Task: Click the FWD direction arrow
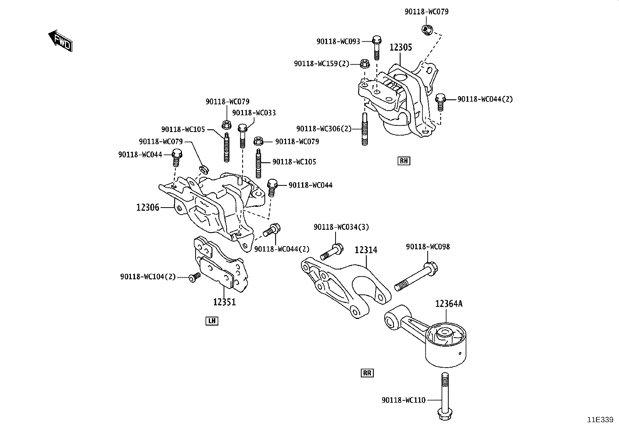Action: [x=60, y=41]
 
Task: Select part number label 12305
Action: [x=400, y=48]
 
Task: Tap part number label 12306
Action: [x=148, y=208]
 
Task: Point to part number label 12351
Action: [x=224, y=302]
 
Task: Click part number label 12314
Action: [x=366, y=250]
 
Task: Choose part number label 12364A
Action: [x=449, y=304]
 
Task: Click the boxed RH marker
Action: [x=404, y=161]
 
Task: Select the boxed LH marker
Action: [x=212, y=321]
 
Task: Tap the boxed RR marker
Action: [x=367, y=373]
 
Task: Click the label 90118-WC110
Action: [x=404, y=400]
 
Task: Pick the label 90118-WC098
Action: [x=428, y=247]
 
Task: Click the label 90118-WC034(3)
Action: [x=341, y=227]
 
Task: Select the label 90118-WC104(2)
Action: [x=148, y=277]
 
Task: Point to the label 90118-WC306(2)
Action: [x=323, y=129]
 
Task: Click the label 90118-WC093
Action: [x=338, y=41]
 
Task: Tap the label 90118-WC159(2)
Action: [x=322, y=63]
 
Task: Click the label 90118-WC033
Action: [x=254, y=113]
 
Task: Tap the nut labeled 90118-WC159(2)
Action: [x=364, y=63]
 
